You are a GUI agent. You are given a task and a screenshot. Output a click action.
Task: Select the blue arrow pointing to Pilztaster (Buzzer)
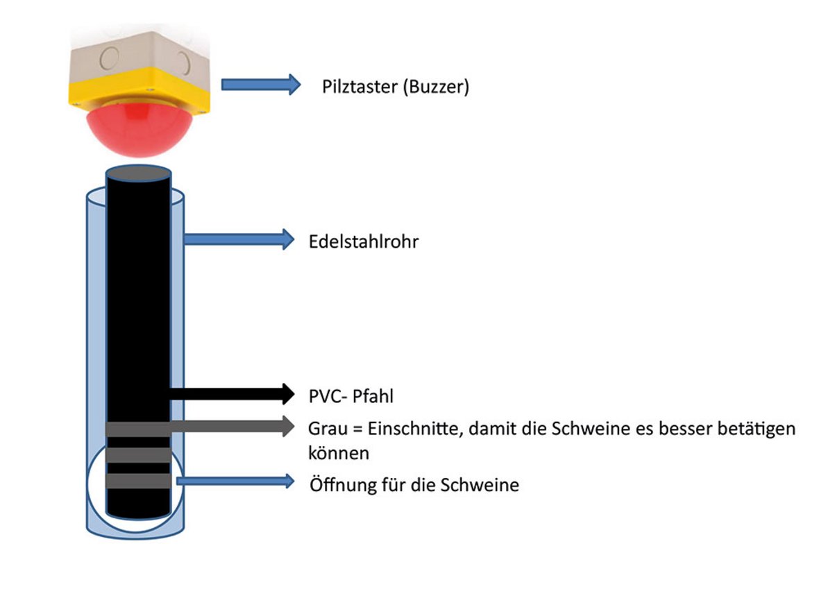260,85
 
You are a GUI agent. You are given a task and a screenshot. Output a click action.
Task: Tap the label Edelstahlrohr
364,243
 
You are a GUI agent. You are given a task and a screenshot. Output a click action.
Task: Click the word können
338,453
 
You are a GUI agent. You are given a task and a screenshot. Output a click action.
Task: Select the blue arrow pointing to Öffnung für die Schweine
235,481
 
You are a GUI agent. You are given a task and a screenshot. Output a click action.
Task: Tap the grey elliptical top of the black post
137,173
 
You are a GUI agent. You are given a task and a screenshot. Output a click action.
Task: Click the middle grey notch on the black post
137,454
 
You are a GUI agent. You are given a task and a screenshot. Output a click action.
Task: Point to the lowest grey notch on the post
137,481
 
